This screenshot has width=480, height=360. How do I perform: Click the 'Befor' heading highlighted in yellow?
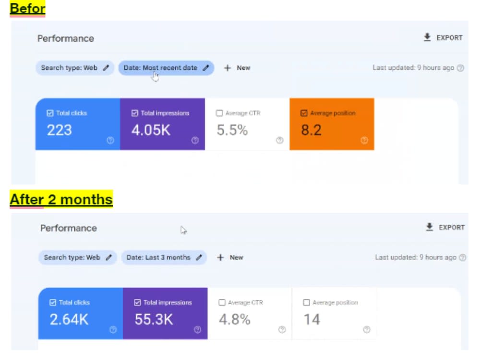click(x=27, y=8)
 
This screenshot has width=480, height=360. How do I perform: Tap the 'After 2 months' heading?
click(x=61, y=199)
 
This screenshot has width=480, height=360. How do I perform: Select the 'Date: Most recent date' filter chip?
click(x=166, y=68)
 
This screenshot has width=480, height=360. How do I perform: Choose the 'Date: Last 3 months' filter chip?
click(x=164, y=257)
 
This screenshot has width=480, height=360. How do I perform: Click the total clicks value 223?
click(x=60, y=130)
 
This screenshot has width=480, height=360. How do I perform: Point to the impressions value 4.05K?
click(x=151, y=130)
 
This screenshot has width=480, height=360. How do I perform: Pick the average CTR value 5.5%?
click(x=232, y=130)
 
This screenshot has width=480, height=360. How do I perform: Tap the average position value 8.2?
click(x=312, y=130)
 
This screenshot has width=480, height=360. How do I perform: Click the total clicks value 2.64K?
click(x=69, y=320)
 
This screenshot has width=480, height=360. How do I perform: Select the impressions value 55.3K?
click(x=154, y=320)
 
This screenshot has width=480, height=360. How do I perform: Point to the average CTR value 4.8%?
click(x=235, y=320)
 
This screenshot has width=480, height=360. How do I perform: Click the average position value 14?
click(x=312, y=320)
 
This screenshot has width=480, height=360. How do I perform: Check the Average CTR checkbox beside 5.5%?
click(x=219, y=113)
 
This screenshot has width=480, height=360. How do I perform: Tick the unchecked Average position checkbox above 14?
click(x=306, y=302)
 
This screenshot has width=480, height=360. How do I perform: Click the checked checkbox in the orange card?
click(x=304, y=113)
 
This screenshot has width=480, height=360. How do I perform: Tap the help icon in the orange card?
click(x=364, y=140)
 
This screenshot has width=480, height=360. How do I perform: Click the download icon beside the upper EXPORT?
click(x=427, y=37)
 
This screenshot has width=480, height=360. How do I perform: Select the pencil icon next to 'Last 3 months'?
click(x=199, y=257)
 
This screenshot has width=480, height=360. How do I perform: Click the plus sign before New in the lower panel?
click(x=220, y=257)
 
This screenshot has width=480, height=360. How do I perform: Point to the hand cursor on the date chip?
click(x=156, y=76)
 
